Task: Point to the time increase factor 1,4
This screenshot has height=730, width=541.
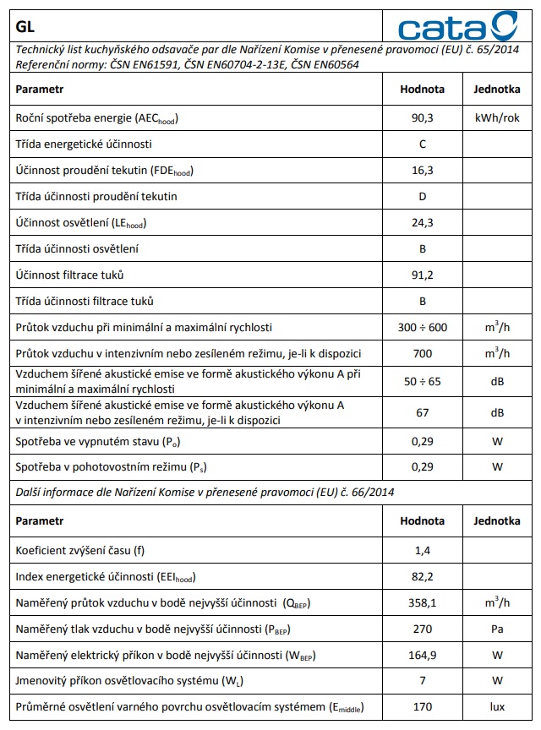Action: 422,551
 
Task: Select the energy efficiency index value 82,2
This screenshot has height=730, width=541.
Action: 422,577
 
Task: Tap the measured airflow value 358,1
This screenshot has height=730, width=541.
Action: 422,602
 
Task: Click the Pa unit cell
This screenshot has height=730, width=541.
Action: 496,629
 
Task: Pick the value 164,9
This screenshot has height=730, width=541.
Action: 422,655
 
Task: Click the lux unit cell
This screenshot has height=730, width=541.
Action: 496,706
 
